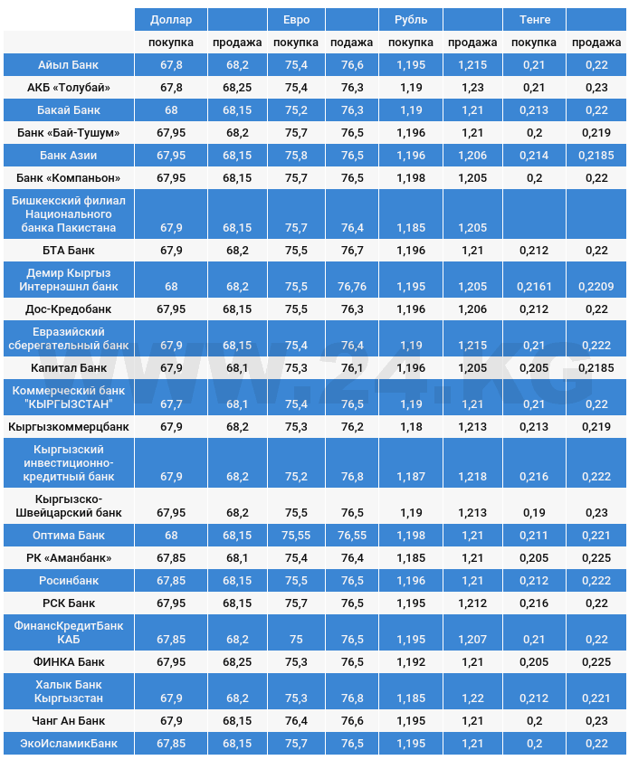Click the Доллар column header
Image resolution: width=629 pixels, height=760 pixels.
point(170,19)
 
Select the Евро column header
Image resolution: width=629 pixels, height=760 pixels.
point(295,19)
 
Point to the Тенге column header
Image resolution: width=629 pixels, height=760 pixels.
point(534,19)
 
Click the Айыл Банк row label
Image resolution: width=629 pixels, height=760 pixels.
point(69,65)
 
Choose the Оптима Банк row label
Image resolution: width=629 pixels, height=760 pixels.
point(69,536)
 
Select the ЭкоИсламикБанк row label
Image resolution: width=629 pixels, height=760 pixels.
point(69,744)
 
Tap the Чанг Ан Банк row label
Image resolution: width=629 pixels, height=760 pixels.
point(69,721)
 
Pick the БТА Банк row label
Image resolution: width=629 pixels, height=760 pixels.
point(69,251)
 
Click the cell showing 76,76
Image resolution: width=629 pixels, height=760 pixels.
point(351,287)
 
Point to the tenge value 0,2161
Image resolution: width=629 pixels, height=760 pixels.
point(534,287)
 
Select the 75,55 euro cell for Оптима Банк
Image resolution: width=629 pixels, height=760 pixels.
point(295,536)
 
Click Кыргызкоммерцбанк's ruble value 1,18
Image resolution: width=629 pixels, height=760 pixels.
point(411,427)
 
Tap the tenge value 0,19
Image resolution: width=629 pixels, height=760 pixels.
point(534,513)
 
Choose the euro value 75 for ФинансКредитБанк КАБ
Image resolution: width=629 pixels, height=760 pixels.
point(295,640)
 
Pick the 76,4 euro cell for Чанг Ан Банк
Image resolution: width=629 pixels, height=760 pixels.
point(295,721)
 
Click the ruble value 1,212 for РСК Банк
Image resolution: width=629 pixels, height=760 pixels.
point(472,603)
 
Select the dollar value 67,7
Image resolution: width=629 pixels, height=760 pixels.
point(170,404)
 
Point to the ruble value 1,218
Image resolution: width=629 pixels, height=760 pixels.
point(472,477)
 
